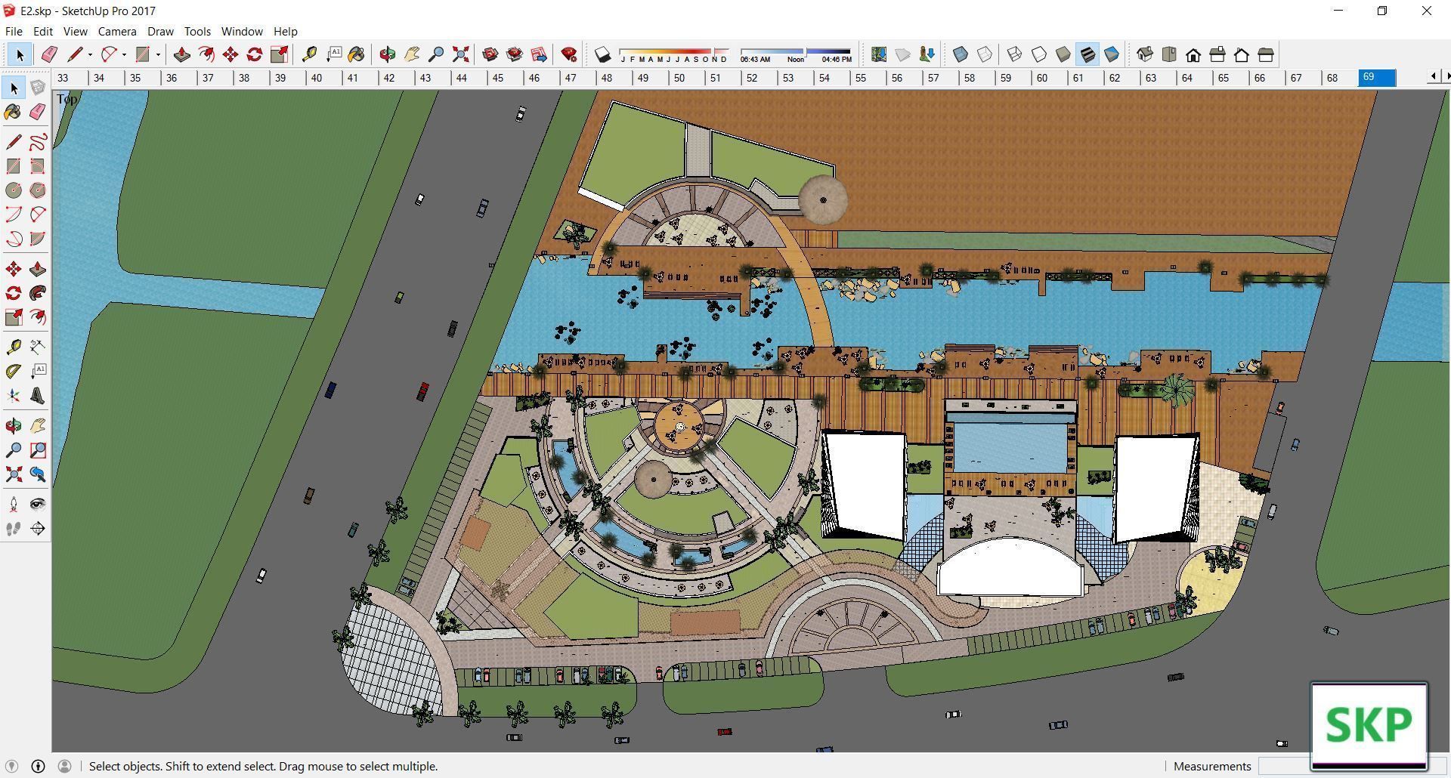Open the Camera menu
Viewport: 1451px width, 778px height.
tap(117, 32)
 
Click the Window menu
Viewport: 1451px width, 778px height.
tap(242, 32)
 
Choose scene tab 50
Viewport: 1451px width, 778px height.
tap(679, 78)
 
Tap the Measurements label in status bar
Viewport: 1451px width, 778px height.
tap(1212, 766)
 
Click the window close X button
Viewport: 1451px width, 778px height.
tap(1427, 11)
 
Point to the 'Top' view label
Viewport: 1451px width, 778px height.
tap(67, 99)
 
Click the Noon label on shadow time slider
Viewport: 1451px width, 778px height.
tap(795, 59)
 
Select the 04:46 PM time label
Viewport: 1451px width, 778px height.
tap(837, 59)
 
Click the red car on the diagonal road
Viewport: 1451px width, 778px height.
tap(423, 391)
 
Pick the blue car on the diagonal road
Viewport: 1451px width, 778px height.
tap(330, 390)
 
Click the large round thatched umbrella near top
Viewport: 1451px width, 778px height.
tap(823, 199)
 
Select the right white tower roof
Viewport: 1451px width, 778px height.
tap(1155, 487)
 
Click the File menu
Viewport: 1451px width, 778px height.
tap(14, 32)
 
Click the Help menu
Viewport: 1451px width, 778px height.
tap(285, 32)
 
